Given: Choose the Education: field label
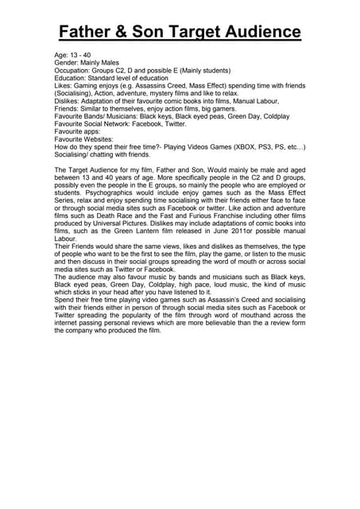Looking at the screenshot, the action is [73, 79].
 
